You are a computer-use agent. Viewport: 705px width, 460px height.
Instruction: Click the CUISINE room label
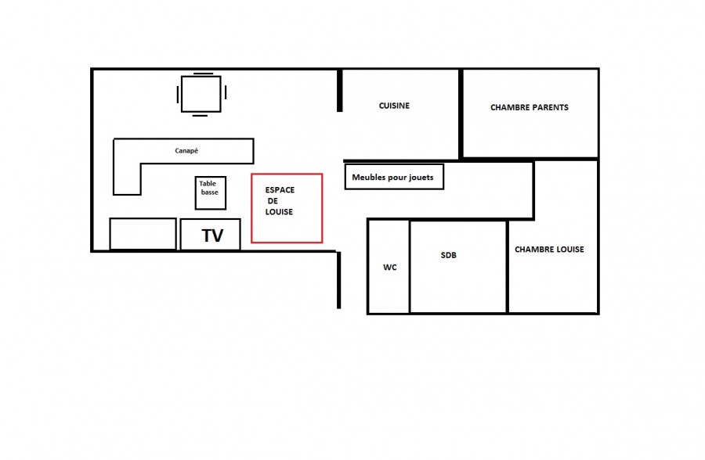394,106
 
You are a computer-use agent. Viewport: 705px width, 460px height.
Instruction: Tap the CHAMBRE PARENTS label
530,107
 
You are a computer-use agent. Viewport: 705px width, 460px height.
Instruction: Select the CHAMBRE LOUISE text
549,250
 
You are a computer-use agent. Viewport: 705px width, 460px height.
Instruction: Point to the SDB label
448,255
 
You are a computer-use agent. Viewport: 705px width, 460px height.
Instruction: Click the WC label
390,268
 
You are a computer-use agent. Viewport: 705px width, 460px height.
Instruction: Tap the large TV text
212,235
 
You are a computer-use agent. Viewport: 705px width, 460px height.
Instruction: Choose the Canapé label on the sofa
186,151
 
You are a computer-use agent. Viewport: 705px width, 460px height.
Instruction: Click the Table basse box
211,192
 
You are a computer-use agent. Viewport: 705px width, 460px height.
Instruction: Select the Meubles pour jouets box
394,177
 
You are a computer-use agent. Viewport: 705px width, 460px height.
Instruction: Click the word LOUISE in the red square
279,211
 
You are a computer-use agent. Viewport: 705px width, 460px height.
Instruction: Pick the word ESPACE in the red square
280,190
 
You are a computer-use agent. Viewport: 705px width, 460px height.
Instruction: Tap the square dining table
201,94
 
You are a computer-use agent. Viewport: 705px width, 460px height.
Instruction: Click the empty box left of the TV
143,234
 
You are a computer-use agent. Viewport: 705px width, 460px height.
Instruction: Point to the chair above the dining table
203,74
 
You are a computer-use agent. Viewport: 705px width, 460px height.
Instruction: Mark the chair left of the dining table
178,95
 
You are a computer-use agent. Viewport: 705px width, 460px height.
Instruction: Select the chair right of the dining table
226,92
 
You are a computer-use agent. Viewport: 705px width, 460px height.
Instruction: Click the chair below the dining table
200,116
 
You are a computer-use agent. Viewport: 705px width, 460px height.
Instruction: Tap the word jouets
421,178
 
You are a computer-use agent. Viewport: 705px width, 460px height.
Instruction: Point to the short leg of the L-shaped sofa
127,179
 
